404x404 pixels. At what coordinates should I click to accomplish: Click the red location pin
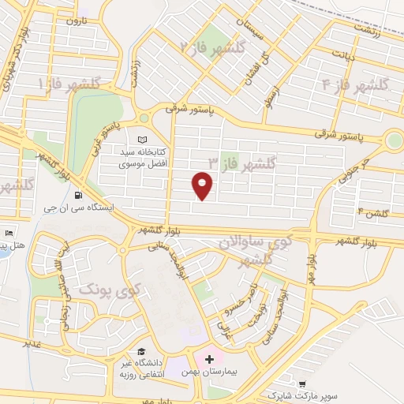coord(203,186)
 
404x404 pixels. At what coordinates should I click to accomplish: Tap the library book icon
coord(143,140)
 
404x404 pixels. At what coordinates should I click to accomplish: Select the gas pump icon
coord(77,195)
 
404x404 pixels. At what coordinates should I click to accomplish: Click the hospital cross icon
coord(208,360)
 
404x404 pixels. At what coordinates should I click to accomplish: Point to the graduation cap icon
coord(141,351)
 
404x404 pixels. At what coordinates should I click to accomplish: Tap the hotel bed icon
coord(9,234)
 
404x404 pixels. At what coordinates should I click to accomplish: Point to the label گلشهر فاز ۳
coord(241,163)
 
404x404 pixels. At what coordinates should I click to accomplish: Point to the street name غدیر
coord(32,344)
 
